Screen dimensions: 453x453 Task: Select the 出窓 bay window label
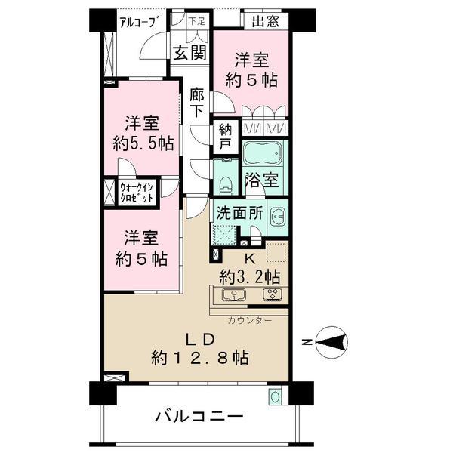[263, 20]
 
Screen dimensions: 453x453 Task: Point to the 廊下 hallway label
[197, 102]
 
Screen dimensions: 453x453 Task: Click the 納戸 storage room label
[225, 136]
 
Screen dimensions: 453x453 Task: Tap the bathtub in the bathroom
[263, 154]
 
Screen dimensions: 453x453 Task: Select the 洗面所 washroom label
[239, 213]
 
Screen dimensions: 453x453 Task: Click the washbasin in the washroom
[275, 215]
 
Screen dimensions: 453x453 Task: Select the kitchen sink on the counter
[229, 294]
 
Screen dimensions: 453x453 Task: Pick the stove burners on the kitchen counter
[270, 294]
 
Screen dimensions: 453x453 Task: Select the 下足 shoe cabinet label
[196, 20]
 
